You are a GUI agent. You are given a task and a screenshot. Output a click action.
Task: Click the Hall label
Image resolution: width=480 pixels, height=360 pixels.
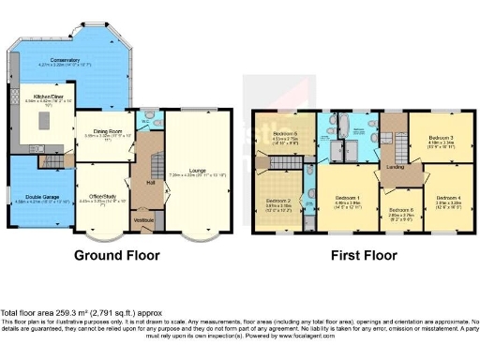[149, 184]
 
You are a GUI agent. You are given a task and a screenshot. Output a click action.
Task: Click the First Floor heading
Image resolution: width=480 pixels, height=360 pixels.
[360, 254]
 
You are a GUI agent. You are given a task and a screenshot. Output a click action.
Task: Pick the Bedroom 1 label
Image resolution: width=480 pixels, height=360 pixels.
[348, 197]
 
